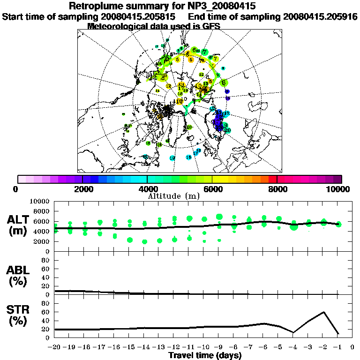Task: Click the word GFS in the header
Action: pyautogui.click(x=211, y=26)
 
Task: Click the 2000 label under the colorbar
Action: pyautogui.click(x=82, y=189)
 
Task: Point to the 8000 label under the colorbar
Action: pyautogui.click(x=277, y=189)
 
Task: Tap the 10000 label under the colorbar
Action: pyautogui.click(x=338, y=189)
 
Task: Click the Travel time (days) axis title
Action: pyautogui.click(x=205, y=356)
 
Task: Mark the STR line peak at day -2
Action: pyautogui.click(x=323, y=312)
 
